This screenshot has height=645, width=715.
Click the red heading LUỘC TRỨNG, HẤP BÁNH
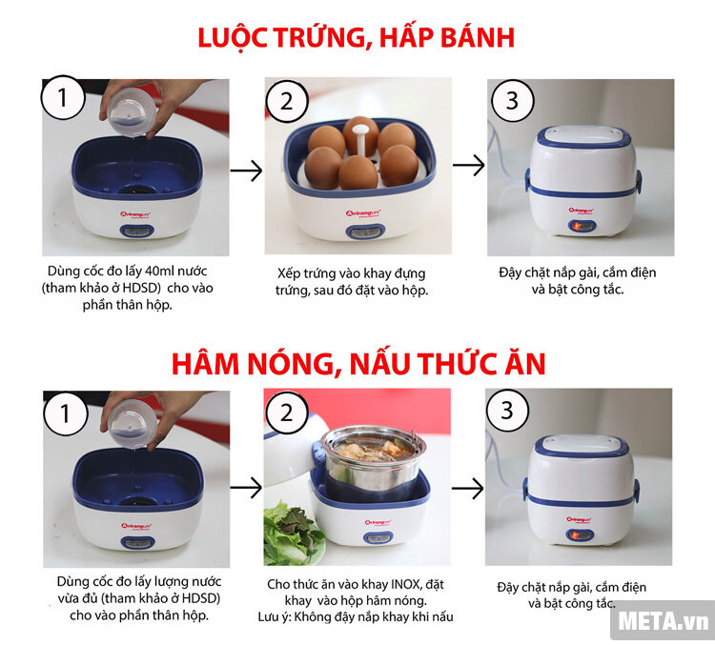[x=356, y=38]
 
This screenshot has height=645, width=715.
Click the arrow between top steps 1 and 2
[x=246, y=171]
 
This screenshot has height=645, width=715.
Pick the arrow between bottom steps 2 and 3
[x=468, y=489]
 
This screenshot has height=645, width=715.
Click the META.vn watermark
[x=664, y=622]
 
